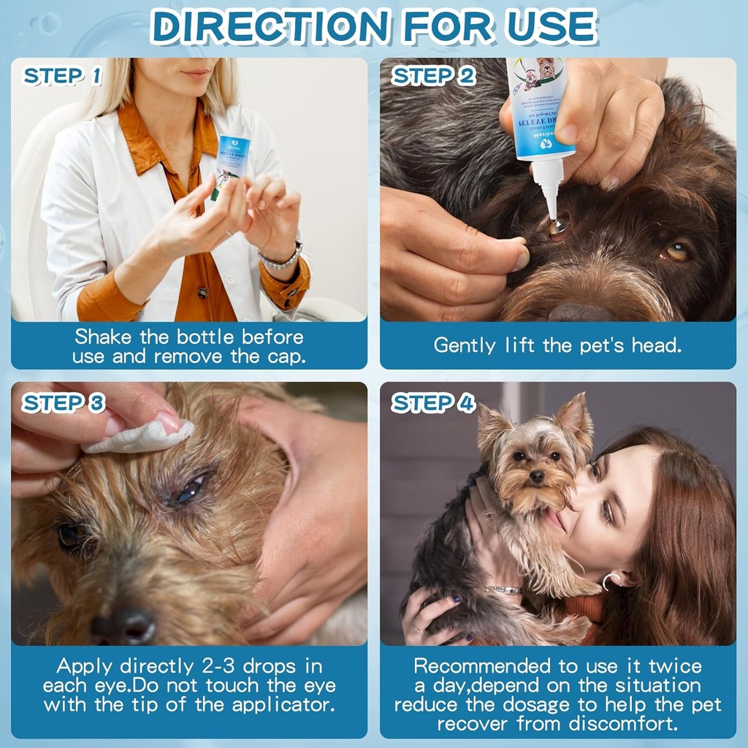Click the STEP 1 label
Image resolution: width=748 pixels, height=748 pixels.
63,77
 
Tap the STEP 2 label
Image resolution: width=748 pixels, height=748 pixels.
434,77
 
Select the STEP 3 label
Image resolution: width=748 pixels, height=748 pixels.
64,402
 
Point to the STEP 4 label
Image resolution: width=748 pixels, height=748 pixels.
434,402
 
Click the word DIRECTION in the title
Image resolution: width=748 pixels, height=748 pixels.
270,26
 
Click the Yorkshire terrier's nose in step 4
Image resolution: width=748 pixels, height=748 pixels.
537,476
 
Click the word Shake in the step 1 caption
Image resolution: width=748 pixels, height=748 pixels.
102,337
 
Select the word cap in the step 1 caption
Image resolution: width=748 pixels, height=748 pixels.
287,356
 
